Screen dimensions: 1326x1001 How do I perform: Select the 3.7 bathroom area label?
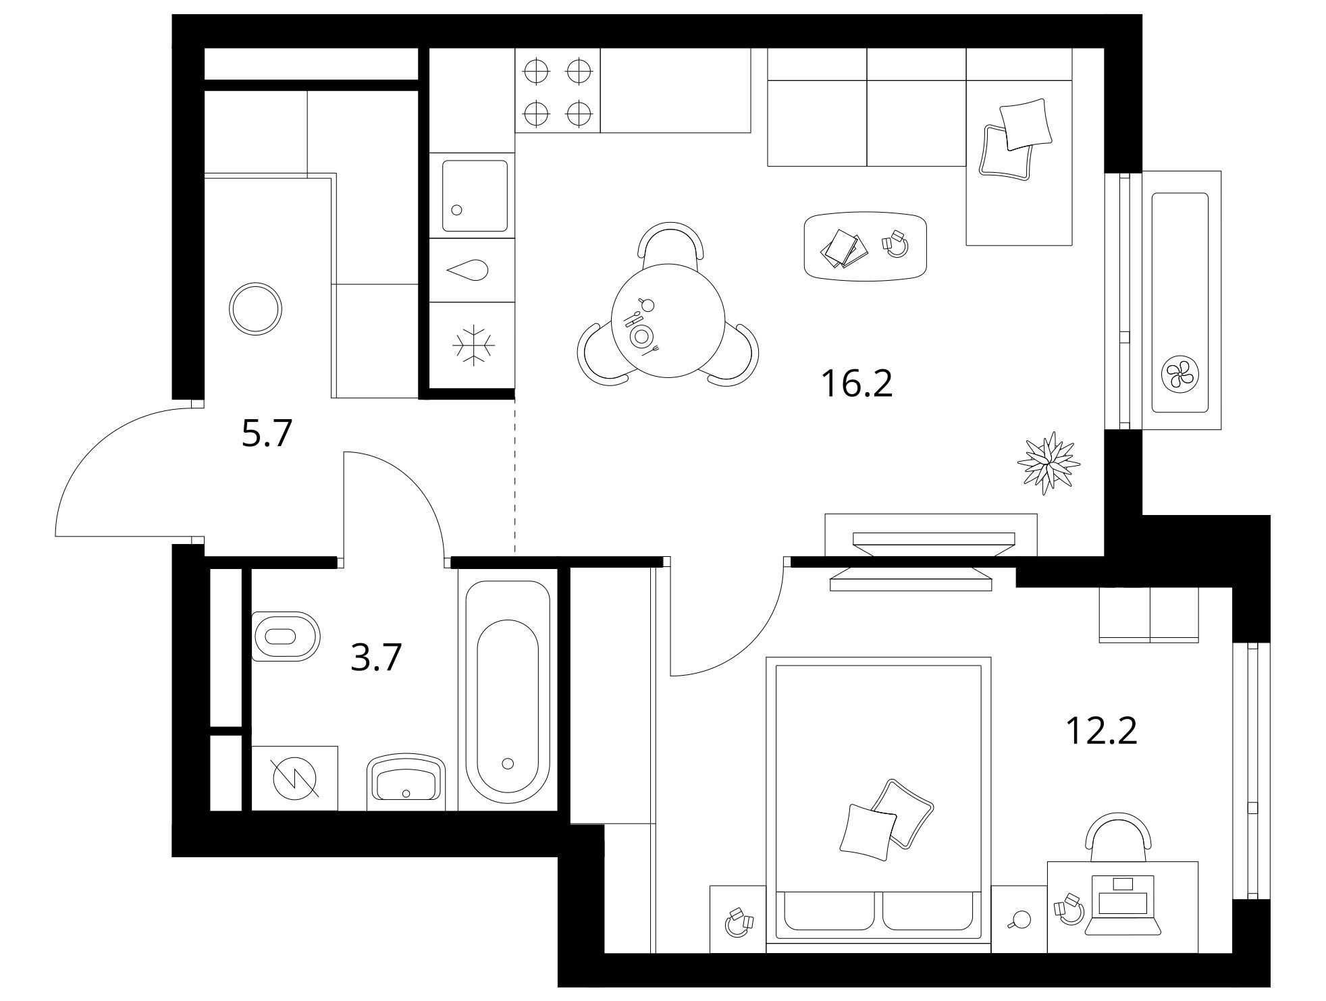(376, 657)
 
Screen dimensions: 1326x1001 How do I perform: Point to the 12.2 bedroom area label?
(1101, 730)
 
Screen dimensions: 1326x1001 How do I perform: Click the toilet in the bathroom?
(285, 637)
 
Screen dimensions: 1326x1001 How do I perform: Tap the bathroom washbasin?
(406, 782)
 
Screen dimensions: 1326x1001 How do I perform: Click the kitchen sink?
(475, 196)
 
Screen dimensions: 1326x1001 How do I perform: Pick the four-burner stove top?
(557, 91)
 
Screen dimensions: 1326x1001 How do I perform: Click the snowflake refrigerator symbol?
(473, 346)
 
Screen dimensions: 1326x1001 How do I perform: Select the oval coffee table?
(866, 246)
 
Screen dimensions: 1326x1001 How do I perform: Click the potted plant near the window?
(1048, 464)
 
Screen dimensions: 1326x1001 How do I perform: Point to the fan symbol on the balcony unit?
(1180, 373)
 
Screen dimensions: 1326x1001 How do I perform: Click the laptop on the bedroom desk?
(1123, 904)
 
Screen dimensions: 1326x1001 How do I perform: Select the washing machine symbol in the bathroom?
(295, 778)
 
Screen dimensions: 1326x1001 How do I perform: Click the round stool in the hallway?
(255, 308)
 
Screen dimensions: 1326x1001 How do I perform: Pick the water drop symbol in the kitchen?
(468, 270)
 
